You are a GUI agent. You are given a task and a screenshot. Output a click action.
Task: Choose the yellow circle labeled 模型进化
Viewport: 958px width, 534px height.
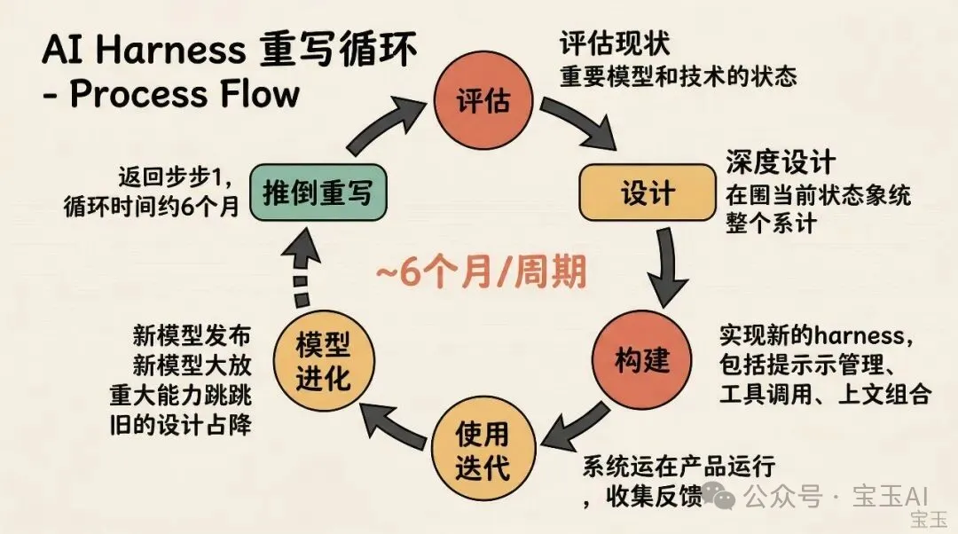pyautogui.click(x=323, y=361)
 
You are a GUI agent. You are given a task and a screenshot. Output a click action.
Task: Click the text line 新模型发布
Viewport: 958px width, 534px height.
pyautogui.click(x=192, y=336)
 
